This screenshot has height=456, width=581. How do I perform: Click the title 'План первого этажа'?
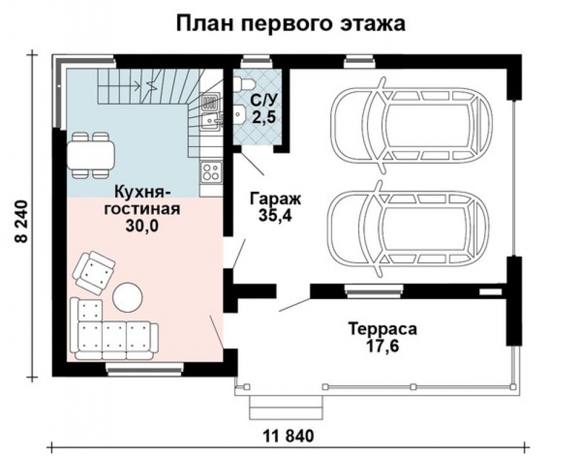290,24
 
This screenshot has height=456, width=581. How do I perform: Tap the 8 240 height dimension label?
21,221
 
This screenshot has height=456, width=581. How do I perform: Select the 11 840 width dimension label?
289,436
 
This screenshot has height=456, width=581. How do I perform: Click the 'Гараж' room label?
275,199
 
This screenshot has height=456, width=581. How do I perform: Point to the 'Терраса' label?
383,328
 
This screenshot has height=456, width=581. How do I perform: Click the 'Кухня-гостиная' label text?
142,200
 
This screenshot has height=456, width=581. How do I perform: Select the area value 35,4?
275,216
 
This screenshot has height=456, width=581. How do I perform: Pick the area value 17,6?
383,346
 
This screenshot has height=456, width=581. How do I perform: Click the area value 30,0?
142,225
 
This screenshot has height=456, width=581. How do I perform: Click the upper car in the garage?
411,125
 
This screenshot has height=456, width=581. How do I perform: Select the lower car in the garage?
409,229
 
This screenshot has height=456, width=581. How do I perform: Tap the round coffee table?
128,297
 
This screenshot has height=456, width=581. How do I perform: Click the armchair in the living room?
93,273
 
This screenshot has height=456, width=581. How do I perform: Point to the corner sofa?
112,330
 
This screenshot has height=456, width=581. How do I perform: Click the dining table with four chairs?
90,155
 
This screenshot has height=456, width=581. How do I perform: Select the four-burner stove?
211,172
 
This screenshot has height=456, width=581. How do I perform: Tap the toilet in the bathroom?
244,83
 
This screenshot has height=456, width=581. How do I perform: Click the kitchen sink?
211,121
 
